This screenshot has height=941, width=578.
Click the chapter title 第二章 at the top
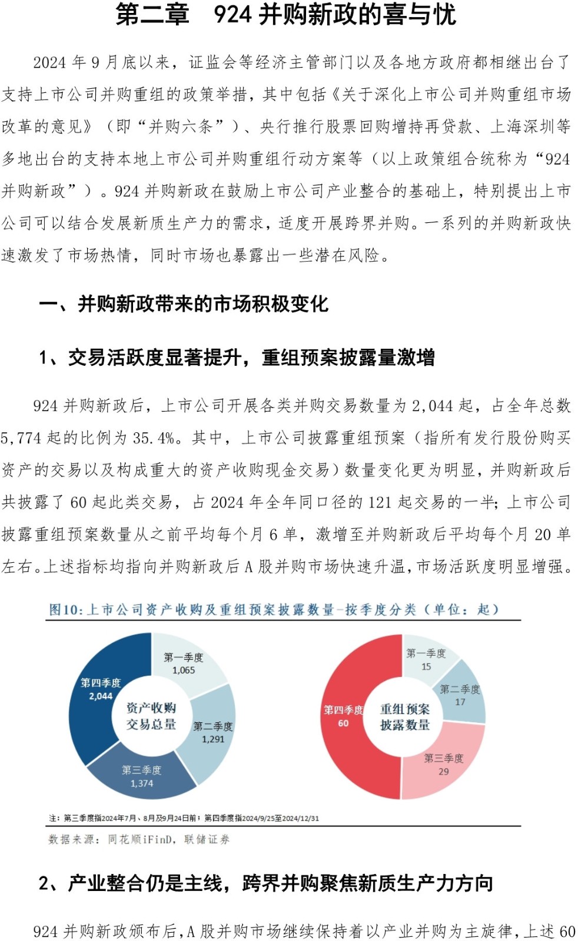pos(152,14)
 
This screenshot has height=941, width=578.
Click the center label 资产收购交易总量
pos(151,716)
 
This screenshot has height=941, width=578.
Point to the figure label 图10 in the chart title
pos(65,610)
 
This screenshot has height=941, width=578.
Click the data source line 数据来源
pos(139,839)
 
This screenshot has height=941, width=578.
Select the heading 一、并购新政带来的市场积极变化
pos(183,304)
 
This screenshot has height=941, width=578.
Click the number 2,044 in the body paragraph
pos(433,406)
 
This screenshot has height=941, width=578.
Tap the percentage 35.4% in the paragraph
pos(154,438)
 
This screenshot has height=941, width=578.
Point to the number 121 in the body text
pos(380,502)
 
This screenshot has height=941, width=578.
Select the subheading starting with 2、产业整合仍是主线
pos(265,883)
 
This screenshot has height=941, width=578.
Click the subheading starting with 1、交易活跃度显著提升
pos(237,358)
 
